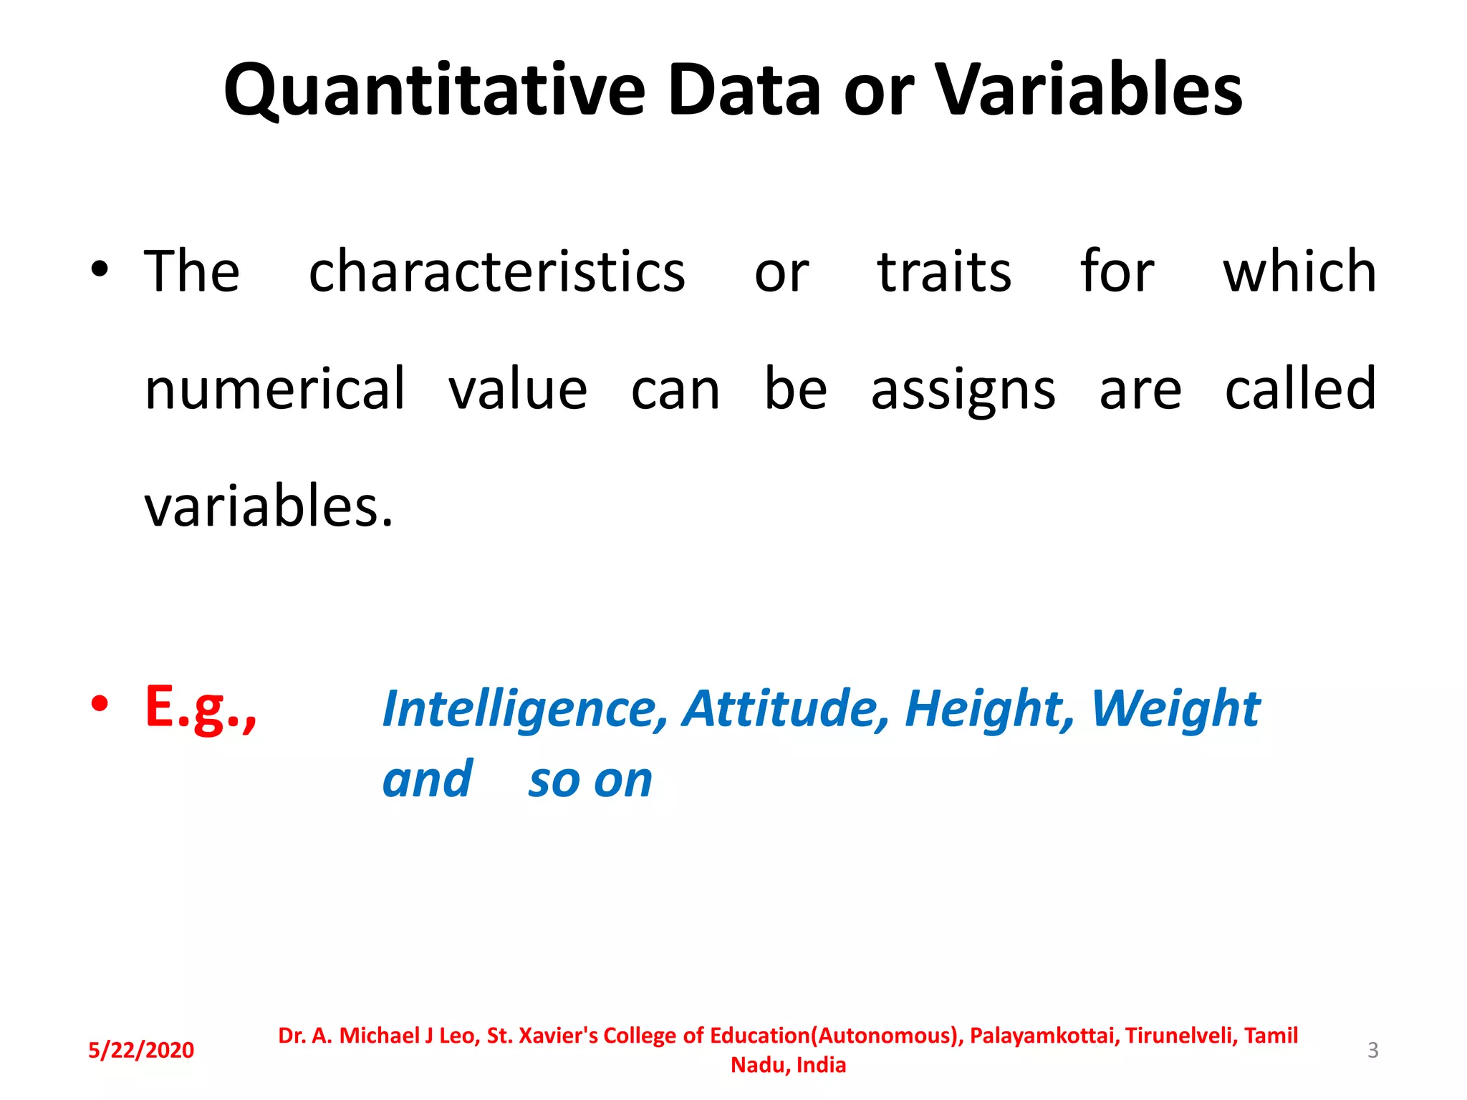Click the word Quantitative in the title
click(x=434, y=90)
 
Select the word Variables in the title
click(x=1089, y=90)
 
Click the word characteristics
click(x=496, y=272)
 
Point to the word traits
click(x=944, y=272)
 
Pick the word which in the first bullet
click(x=1299, y=272)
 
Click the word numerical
click(x=275, y=389)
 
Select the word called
click(x=1300, y=389)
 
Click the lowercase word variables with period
click(x=269, y=506)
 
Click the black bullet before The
click(x=100, y=270)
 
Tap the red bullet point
click(x=100, y=703)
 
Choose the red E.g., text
click(x=201, y=708)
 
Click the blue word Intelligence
click(x=524, y=709)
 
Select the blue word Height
click(x=989, y=709)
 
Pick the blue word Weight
click(x=1175, y=709)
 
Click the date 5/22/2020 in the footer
click(x=141, y=1050)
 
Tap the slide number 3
click(x=1372, y=1050)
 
